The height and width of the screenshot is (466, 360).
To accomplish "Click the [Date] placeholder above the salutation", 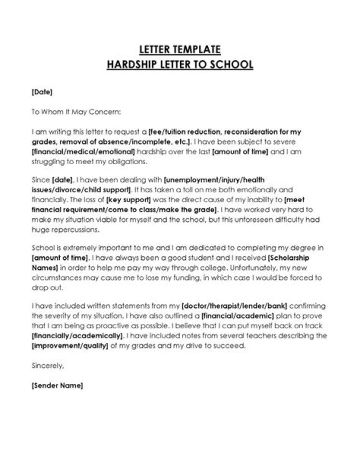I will (41, 92).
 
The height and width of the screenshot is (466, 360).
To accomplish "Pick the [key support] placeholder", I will (124, 200).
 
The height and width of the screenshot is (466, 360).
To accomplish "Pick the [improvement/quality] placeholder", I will (69, 346).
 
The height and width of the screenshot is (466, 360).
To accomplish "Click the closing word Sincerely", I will (47, 366).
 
